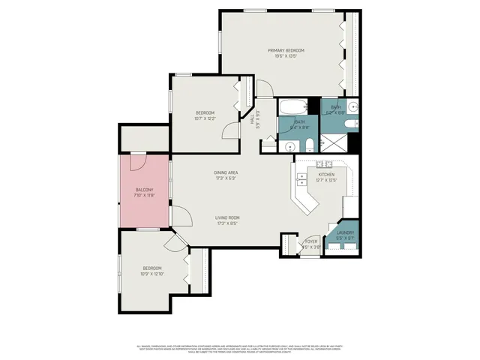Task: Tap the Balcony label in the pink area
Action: coord(144,190)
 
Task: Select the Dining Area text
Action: coord(226,172)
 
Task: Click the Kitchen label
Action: coord(326,174)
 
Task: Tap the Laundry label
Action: coord(345,232)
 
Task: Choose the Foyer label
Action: coord(311,241)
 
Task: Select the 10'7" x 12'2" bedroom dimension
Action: coord(205,118)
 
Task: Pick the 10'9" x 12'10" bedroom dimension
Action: coord(152,274)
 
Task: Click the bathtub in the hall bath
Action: coord(289,108)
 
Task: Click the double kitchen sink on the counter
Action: coord(301,179)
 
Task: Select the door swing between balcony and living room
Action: coord(179,216)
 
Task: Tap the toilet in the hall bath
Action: coord(306,143)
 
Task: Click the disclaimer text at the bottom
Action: coord(240,348)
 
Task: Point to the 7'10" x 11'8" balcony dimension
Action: coord(144,195)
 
